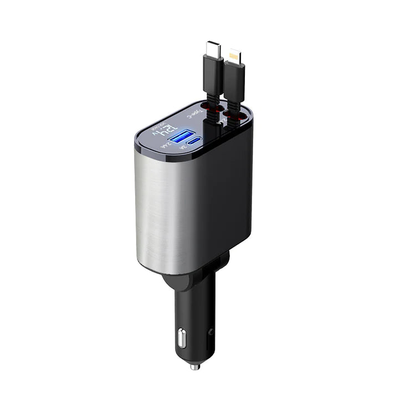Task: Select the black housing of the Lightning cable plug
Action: (234, 83)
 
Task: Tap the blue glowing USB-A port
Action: (182, 137)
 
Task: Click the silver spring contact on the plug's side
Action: (181, 337)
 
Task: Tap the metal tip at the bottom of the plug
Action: (195, 366)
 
